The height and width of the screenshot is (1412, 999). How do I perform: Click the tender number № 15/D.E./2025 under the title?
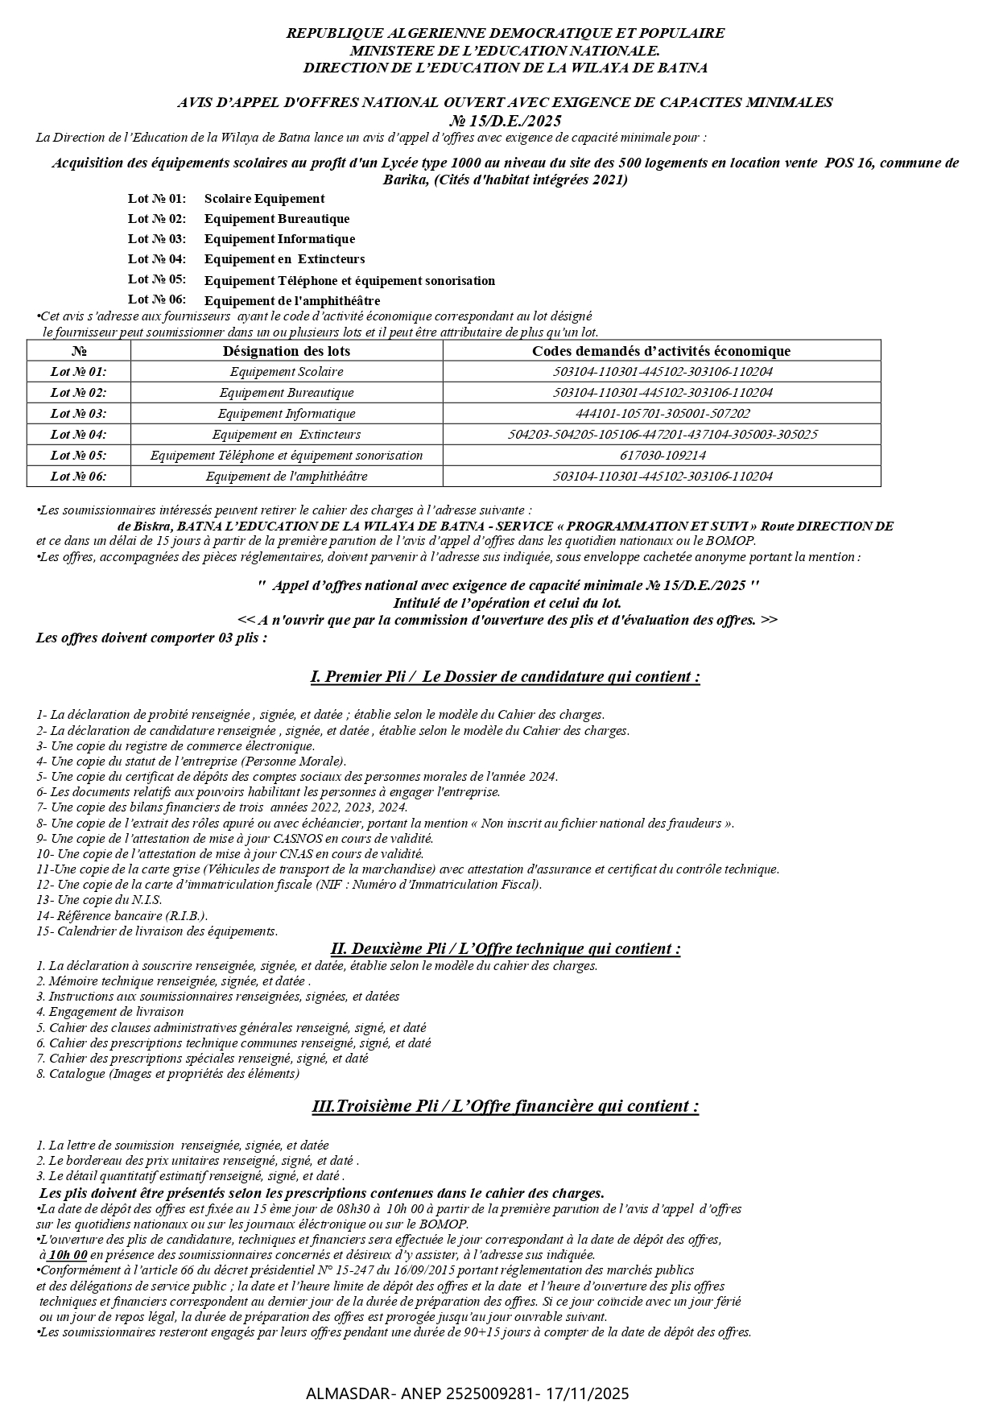[x=505, y=120]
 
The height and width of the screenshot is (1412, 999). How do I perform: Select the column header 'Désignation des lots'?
[x=286, y=351]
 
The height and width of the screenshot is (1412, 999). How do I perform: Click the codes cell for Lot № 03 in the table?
[x=662, y=414]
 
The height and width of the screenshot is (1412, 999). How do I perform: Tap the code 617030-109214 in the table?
[x=662, y=456]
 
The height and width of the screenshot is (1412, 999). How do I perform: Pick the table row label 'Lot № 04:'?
[x=78, y=435]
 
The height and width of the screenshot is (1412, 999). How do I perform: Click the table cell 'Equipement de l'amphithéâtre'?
[x=286, y=477]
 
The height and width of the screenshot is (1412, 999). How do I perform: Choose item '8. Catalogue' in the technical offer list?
[x=167, y=1073]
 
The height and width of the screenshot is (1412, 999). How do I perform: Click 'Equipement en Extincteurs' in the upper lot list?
[x=284, y=259]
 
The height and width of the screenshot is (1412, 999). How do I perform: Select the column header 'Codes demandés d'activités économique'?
[x=661, y=351]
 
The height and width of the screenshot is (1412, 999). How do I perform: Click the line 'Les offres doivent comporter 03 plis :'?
[x=151, y=638]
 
